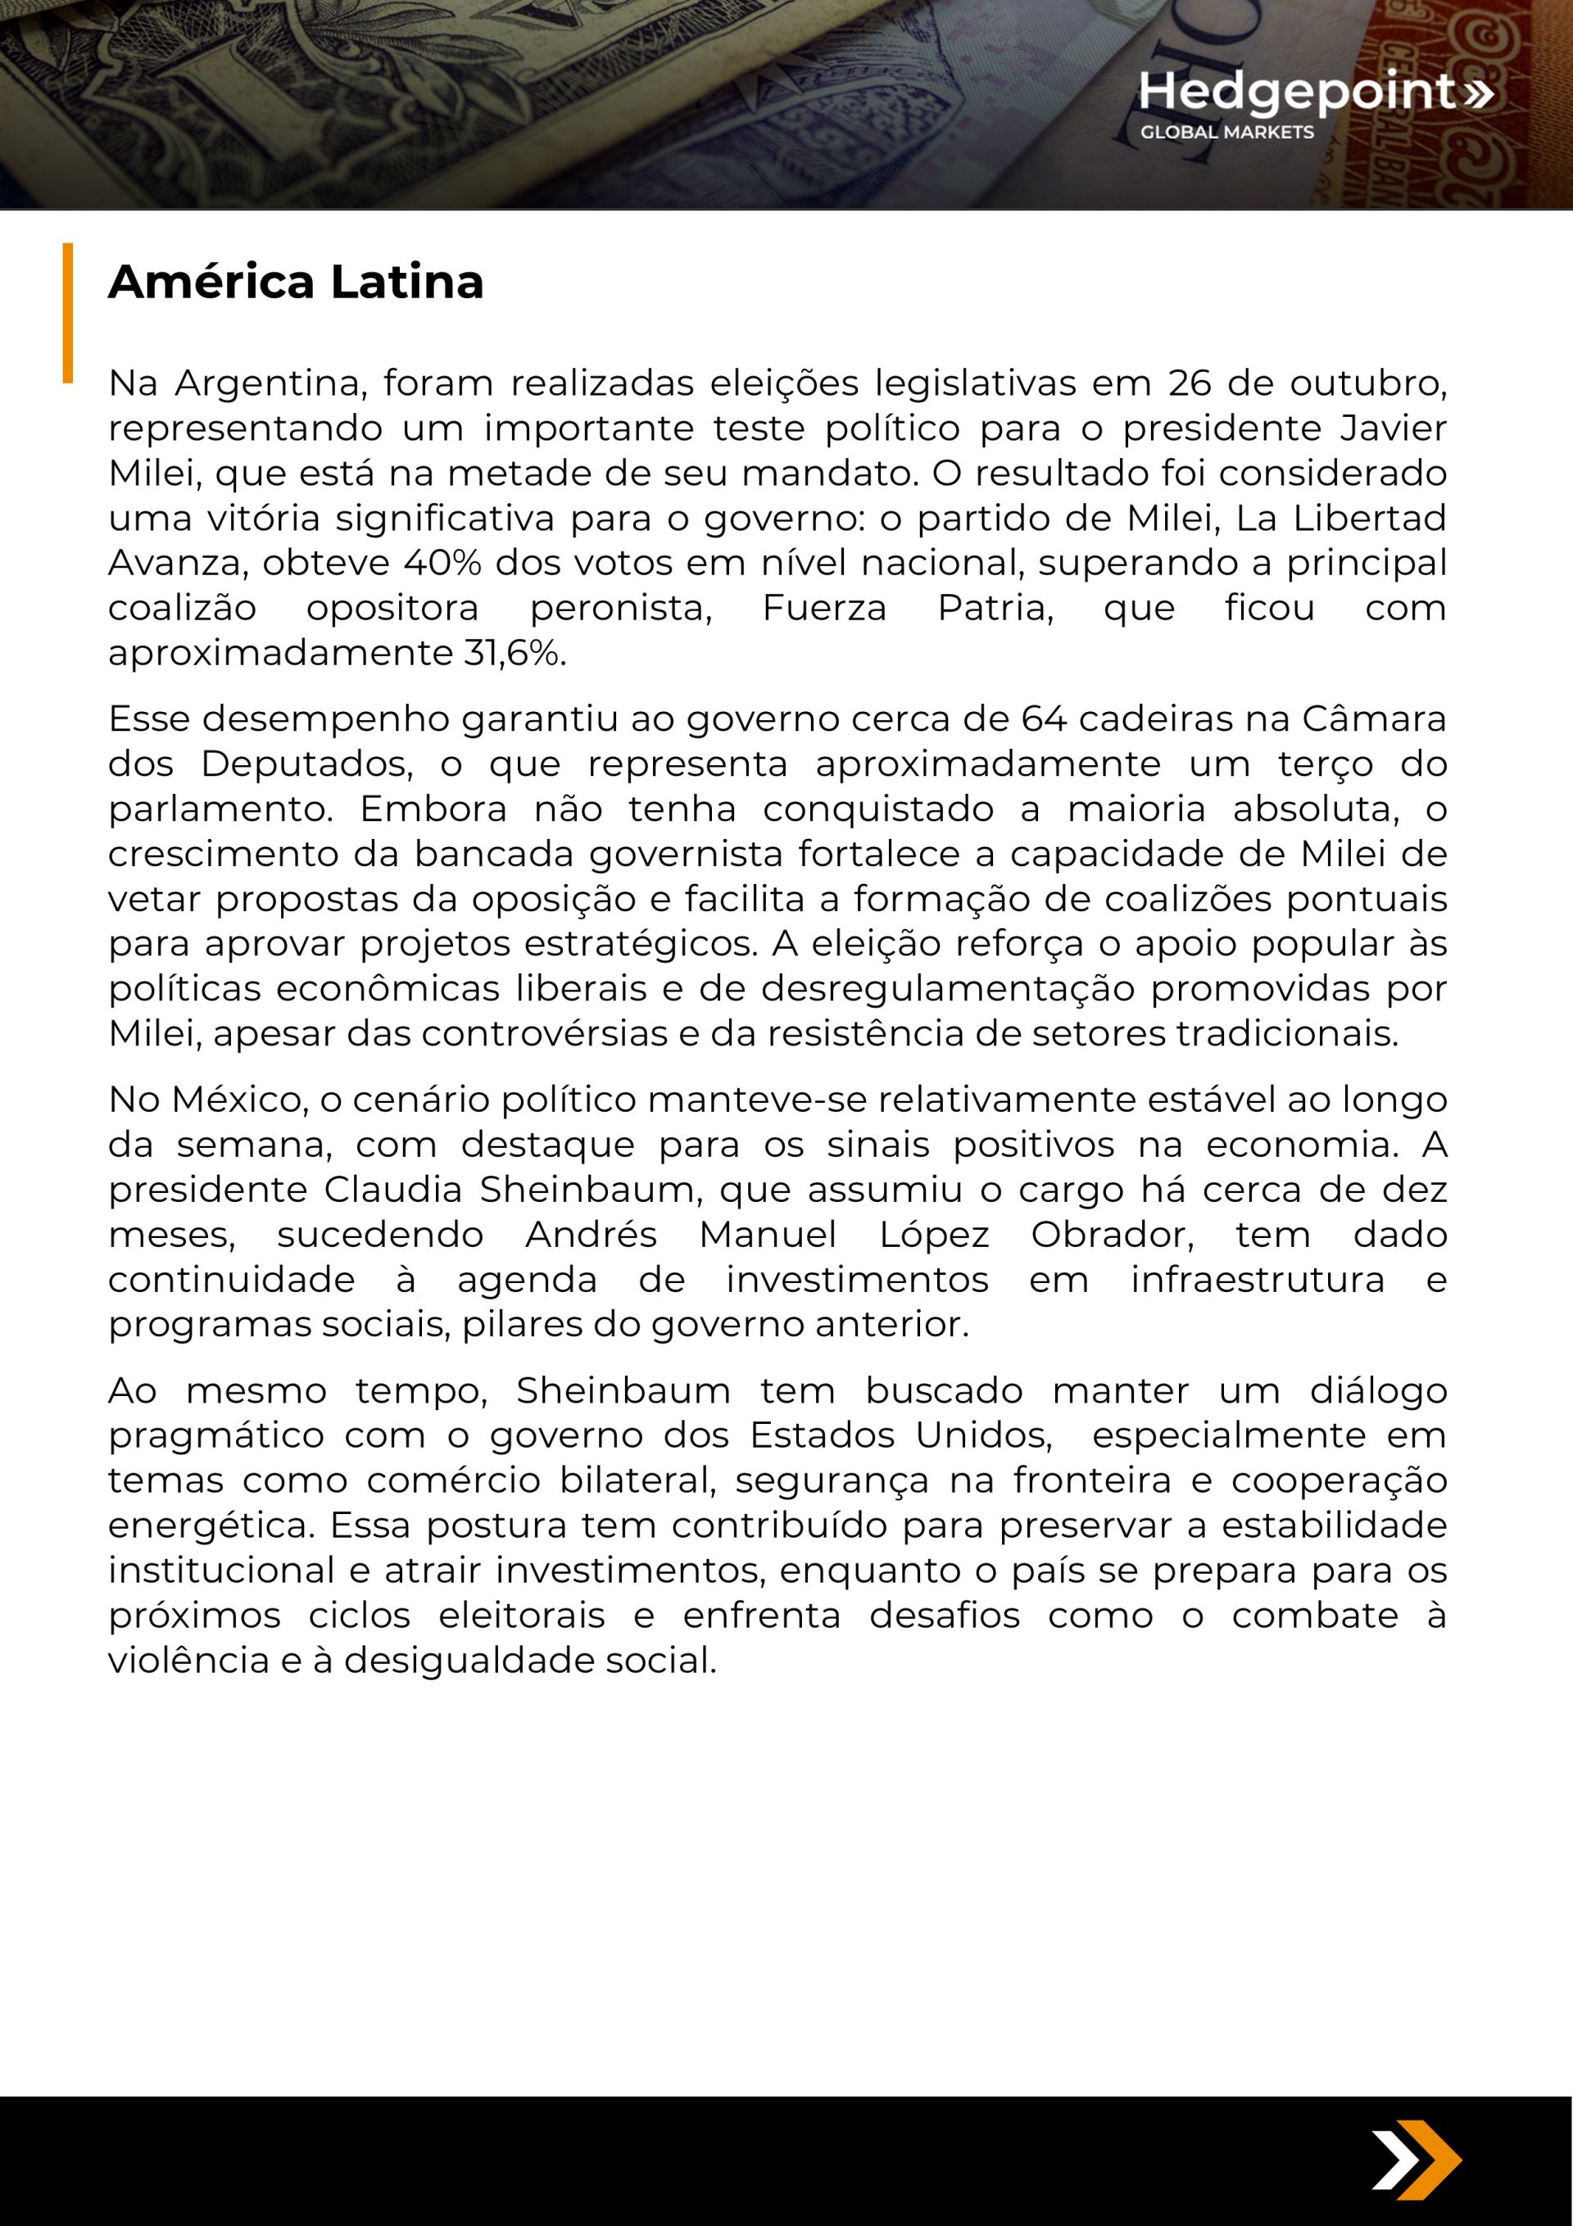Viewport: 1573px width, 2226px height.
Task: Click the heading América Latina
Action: (296, 282)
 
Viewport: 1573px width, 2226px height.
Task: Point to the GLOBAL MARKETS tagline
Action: (1226, 133)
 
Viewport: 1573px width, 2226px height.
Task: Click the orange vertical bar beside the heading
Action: (68, 312)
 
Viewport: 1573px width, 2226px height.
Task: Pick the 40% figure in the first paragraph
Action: (442, 564)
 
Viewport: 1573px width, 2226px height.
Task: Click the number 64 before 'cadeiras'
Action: (1044, 719)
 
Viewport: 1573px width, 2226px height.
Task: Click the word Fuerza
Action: (824, 609)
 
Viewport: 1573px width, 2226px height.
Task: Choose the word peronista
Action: (621, 609)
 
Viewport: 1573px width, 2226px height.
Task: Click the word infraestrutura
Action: (1258, 1280)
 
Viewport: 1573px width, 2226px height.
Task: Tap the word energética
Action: (211, 1526)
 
